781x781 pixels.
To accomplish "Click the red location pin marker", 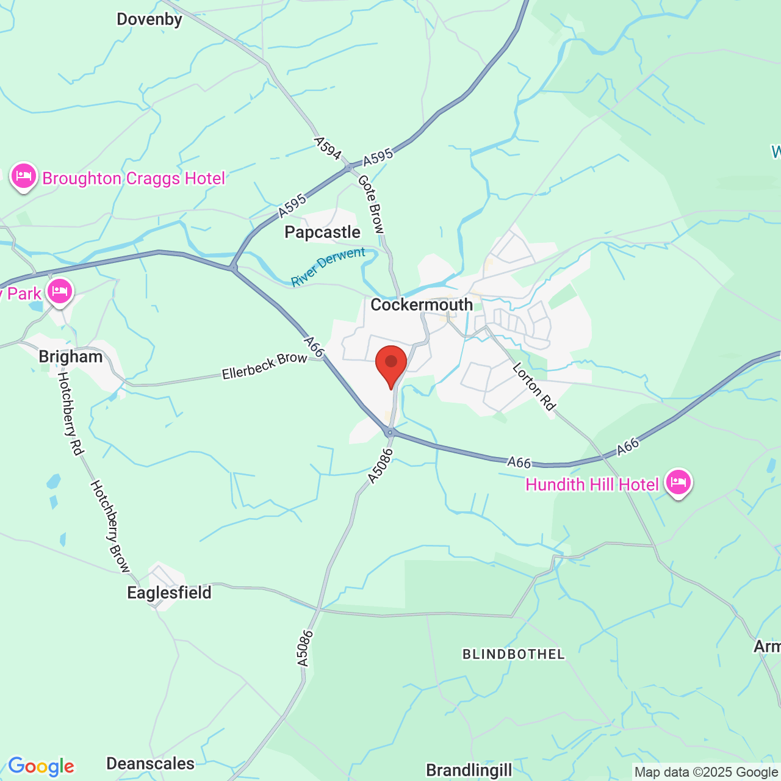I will tap(391, 364).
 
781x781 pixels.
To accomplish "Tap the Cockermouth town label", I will tap(422, 304).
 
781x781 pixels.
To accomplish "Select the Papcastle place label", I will tap(322, 232).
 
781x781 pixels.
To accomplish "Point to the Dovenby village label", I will tap(149, 20).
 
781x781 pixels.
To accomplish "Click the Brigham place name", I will tap(71, 357).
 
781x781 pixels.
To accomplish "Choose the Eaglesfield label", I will tap(169, 592).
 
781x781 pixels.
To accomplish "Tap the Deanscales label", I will tap(150, 764).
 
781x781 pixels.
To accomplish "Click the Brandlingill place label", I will tap(469, 770).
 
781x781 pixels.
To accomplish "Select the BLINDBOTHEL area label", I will tap(514, 655).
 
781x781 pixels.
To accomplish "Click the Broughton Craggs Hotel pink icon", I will tap(24, 176).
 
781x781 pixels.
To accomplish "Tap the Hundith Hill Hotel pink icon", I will tap(678, 483).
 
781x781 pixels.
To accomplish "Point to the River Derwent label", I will tap(328, 267).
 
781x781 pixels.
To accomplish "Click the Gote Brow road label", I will tap(371, 204).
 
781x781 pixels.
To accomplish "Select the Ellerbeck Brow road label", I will tap(264, 365).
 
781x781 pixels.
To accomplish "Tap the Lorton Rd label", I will tap(534, 387).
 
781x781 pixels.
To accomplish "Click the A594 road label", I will tap(328, 148).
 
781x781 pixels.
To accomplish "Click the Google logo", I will tap(41, 766).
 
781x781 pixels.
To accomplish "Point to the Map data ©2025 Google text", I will tap(706, 772).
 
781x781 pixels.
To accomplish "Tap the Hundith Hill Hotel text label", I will tap(592, 485).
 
